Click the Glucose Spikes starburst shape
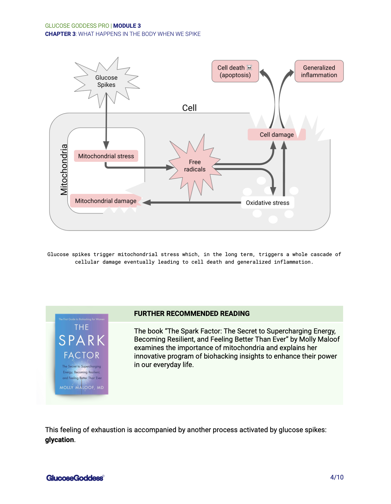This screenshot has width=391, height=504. pos(107,81)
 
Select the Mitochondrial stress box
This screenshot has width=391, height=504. pos(106,156)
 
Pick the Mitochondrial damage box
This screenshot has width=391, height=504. pos(106,201)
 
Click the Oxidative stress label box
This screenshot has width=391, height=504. pos(268,203)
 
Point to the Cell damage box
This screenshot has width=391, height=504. pos(277,135)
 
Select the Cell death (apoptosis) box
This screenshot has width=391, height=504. pos(235,71)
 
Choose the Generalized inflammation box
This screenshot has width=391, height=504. pos(319,71)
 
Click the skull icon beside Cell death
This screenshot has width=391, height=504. pos(249,68)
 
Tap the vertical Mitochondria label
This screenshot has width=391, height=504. pos(64,169)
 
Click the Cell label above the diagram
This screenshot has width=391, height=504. pos(189,108)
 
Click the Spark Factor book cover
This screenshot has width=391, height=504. pos(82,354)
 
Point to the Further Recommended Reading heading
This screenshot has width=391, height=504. pos(192,314)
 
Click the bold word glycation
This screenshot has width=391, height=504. pos(60,440)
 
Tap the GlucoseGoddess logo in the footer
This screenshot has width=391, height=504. pos(75,478)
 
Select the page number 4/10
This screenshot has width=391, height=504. pos(337,477)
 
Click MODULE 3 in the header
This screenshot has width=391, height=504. pos(127,26)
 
